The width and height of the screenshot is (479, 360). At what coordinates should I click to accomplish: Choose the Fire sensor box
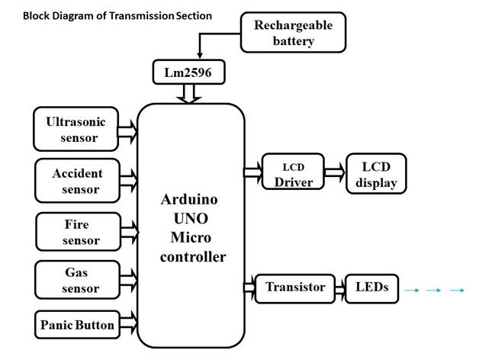[79, 233]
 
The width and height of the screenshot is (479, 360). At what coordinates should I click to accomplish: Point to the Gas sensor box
[79, 280]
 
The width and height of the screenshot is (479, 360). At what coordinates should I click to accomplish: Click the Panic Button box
[77, 325]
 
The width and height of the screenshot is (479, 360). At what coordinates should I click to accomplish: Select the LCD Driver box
[292, 175]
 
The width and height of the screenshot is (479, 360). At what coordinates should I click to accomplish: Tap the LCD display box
[375, 175]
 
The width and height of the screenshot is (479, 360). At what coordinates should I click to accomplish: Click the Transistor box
[294, 288]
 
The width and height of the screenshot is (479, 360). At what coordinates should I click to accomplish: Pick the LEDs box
[371, 288]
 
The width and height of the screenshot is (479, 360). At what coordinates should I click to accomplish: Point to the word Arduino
[191, 201]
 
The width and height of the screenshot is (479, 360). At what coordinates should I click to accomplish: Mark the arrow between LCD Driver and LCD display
[334, 175]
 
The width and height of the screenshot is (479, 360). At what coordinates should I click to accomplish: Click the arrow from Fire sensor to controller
[130, 230]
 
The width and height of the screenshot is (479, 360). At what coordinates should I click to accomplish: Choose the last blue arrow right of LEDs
[457, 291]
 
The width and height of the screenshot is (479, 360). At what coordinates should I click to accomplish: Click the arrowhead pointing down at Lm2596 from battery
[200, 55]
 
